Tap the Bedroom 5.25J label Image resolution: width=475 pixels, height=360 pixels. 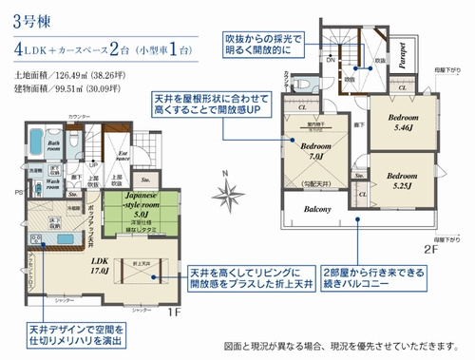point(404,180)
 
